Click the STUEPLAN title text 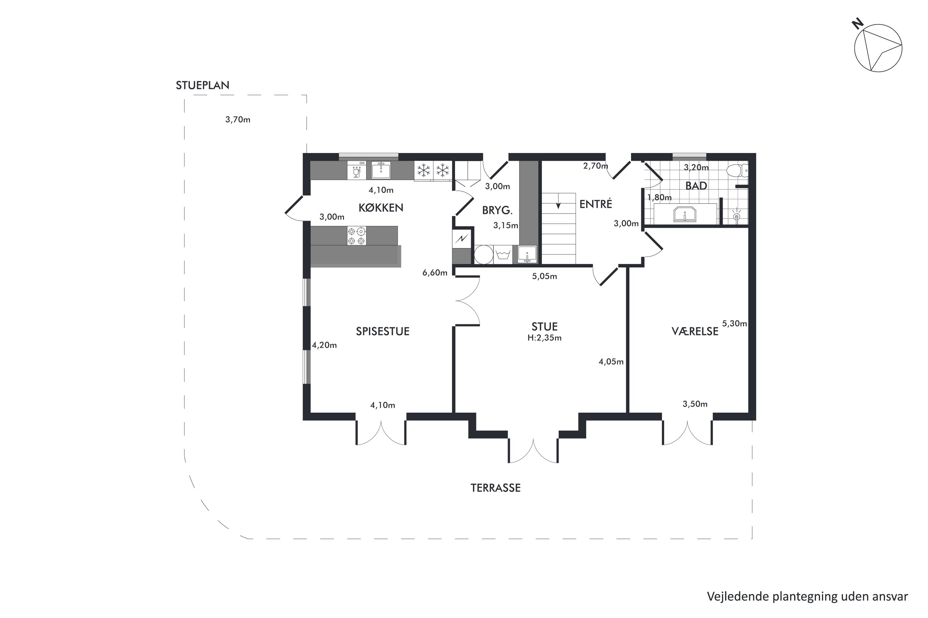coord(202,85)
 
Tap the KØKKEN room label coord(381,208)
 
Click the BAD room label coord(696,186)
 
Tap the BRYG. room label coord(497,210)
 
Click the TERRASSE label coord(496,488)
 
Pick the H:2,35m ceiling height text coord(544,338)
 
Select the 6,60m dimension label coord(435,273)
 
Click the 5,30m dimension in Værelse coord(734,324)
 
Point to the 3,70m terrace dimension coord(238,119)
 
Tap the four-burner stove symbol coord(356,236)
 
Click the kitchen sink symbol coord(381,170)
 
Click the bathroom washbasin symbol coord(685,214)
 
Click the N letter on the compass coord(858,24)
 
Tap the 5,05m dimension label coord(544,276)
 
